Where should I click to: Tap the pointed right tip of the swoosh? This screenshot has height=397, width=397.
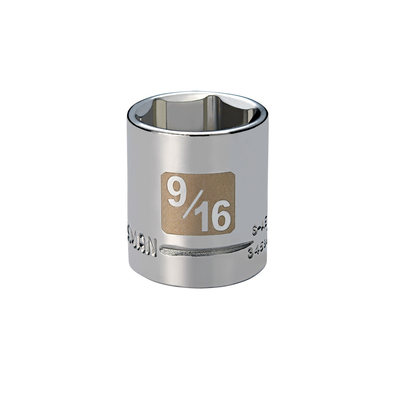(252, 243)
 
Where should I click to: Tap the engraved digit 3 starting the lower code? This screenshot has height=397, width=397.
(250, 254)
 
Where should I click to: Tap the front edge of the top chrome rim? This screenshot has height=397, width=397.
(198, 133)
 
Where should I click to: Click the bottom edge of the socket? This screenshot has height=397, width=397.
(198, 286)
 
